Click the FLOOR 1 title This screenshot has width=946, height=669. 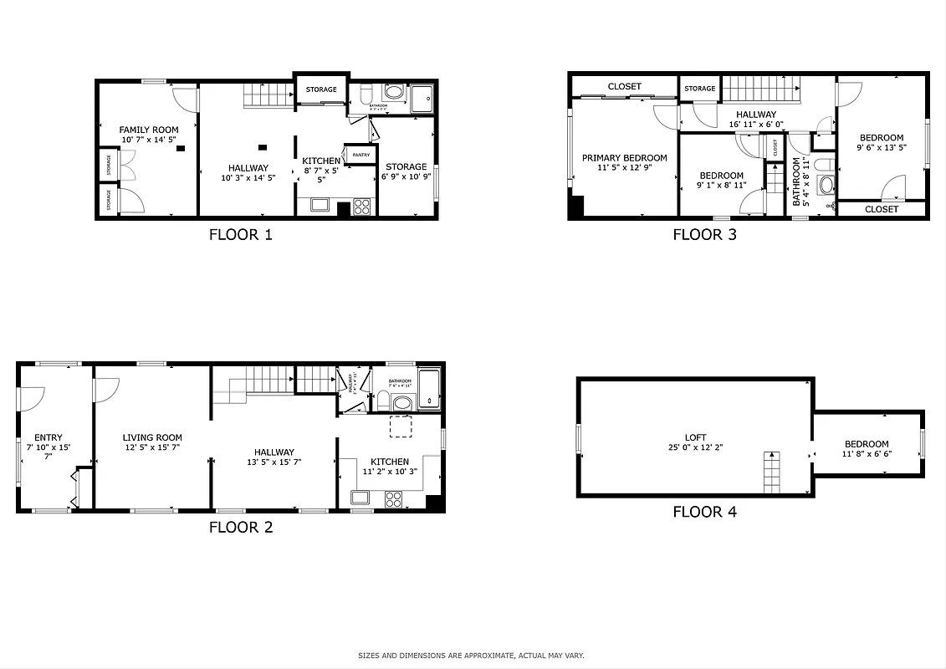pos(240,235)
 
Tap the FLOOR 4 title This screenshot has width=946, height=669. pos(704,512)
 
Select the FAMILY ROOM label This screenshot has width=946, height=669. pos(149,130)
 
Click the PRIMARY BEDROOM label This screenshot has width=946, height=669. pos(624,158)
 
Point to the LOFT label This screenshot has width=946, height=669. pos(695,437)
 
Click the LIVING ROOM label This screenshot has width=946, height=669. pos(152,437)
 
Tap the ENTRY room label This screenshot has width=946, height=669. pos(49,437)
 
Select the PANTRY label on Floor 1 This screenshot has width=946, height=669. pos(361,155)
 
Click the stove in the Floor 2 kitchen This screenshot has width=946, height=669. pos(393,499)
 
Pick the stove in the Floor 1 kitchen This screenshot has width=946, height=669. pos(363,206)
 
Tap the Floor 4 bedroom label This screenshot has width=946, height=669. pos(866,444)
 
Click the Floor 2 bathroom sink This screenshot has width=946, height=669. pos(402,403)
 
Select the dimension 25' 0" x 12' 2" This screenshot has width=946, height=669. pos(695,448)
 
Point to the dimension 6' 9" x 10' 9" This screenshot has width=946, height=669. pos(406,177)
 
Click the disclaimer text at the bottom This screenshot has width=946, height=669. pos(472,656)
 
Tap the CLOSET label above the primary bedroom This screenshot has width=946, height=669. pos(624,86)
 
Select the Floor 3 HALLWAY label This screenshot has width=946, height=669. pos(755,115)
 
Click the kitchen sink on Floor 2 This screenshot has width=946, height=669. pos(361,498)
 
